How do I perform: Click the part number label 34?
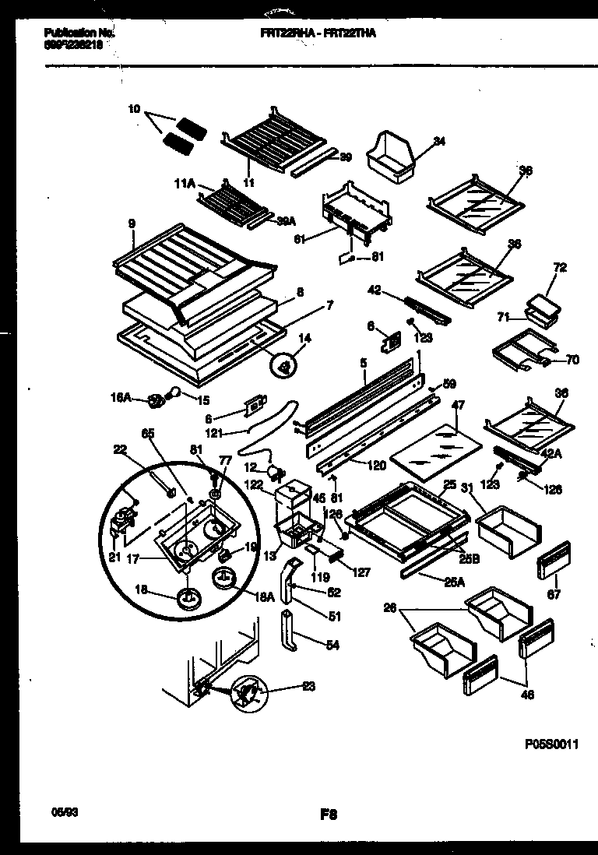point(440,141)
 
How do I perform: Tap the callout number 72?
point(560,267)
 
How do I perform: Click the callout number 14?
point(304,338)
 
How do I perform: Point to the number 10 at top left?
point(134,110)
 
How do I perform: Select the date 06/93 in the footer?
point(58,812)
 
